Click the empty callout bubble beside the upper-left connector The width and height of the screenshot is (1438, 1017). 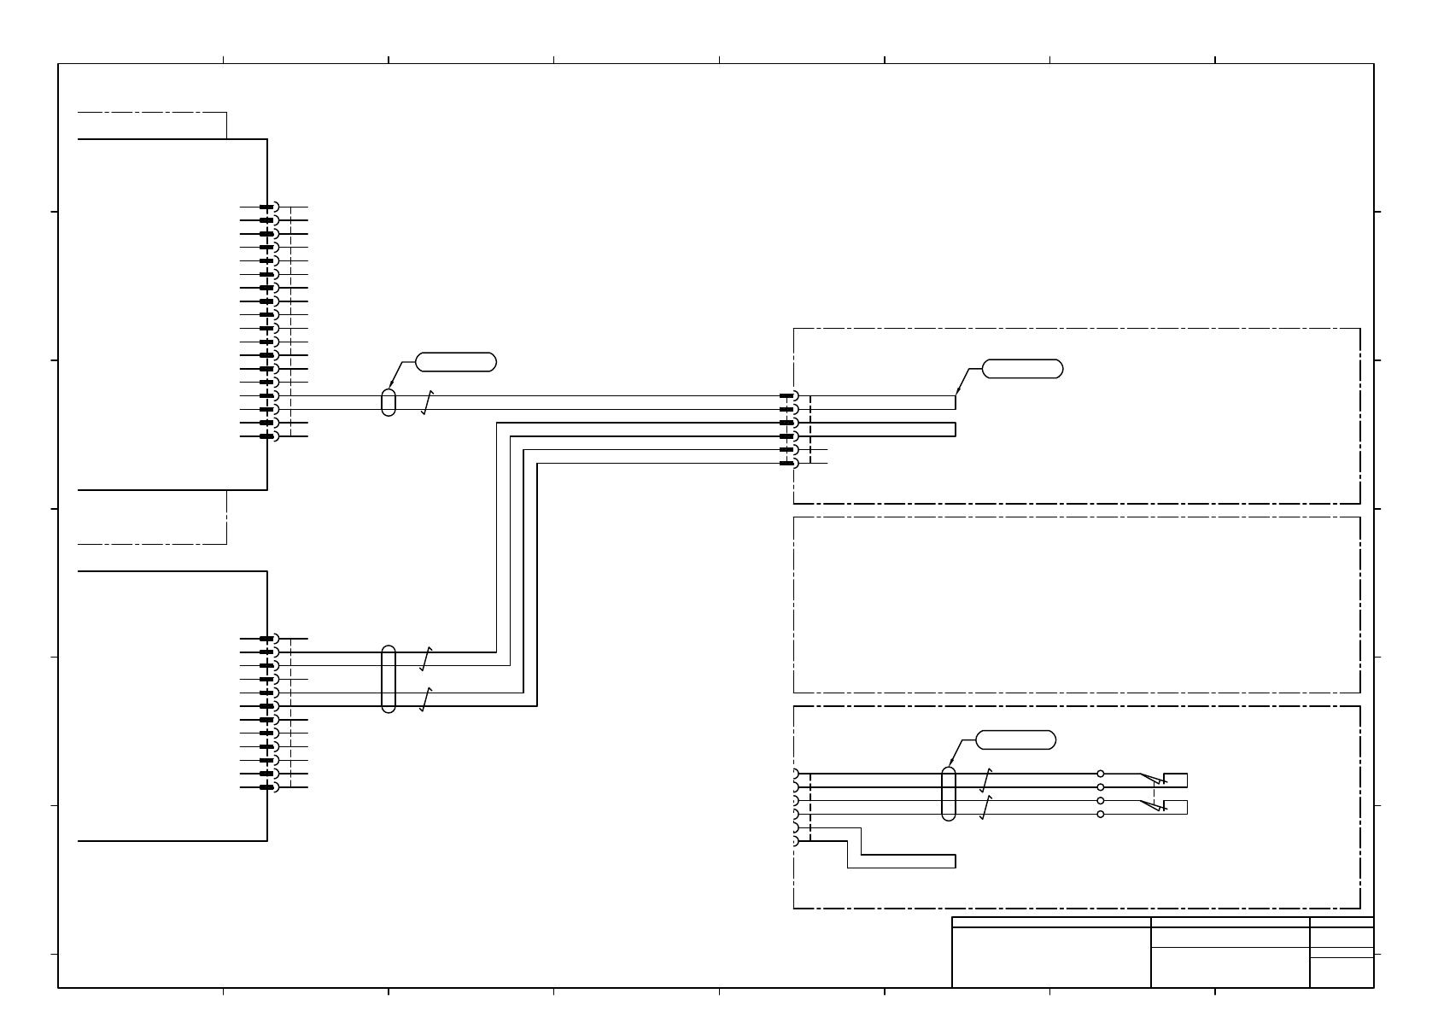[x=456, y=362]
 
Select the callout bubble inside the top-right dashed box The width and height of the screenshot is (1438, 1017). [x=1022, y=369]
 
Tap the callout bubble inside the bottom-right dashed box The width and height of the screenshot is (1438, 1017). [x=1015, y=740]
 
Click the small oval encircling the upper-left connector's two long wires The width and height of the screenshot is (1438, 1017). [x=389, y=402]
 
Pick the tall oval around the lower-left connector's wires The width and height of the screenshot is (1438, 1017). [x=389, y=679]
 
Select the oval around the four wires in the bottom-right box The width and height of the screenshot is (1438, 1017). [x=948, y=793]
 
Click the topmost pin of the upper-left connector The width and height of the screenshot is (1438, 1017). [x=267, y=207]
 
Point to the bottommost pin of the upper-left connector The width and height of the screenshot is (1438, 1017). [x=267, y=436]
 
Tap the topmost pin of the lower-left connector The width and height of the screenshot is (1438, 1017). [x=267, y=639]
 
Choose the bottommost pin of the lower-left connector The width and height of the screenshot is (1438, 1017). [x=267, y=787]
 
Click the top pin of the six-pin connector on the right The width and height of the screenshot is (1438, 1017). [x=788, y=395]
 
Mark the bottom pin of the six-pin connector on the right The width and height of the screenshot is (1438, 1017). [x=788, y=463]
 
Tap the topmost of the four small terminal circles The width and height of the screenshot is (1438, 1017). [x=1100, y=774]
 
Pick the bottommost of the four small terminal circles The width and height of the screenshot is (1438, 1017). [x=1100, y=814]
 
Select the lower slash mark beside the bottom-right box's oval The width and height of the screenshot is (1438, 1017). [x=986, y=807]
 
